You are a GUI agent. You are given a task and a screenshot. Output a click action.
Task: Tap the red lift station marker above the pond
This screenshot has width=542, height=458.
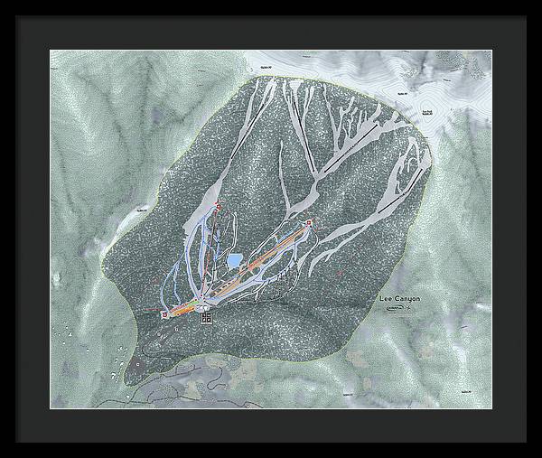pos(219,205)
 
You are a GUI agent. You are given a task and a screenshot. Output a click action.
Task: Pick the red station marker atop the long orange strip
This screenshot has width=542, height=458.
pos(309,222)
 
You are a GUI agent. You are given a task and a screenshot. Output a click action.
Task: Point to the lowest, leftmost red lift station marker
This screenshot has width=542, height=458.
pos(164,313)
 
